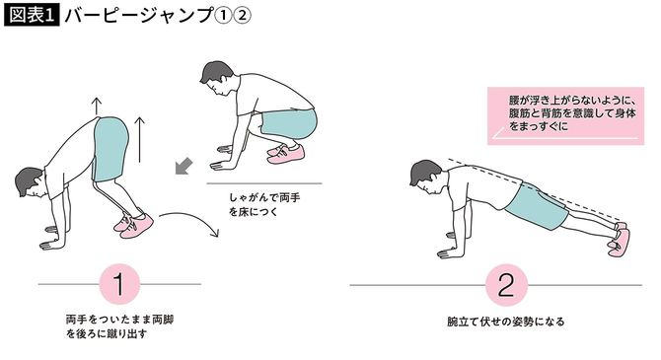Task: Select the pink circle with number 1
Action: (119, 286)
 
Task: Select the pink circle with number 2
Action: (505, 286)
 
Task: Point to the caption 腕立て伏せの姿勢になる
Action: (505, 323)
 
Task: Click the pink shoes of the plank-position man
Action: (619, 240)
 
